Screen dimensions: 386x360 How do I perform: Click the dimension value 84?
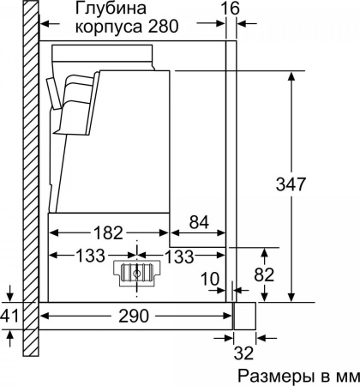coord(199,223)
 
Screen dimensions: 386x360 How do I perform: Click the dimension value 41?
coord(9,317)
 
